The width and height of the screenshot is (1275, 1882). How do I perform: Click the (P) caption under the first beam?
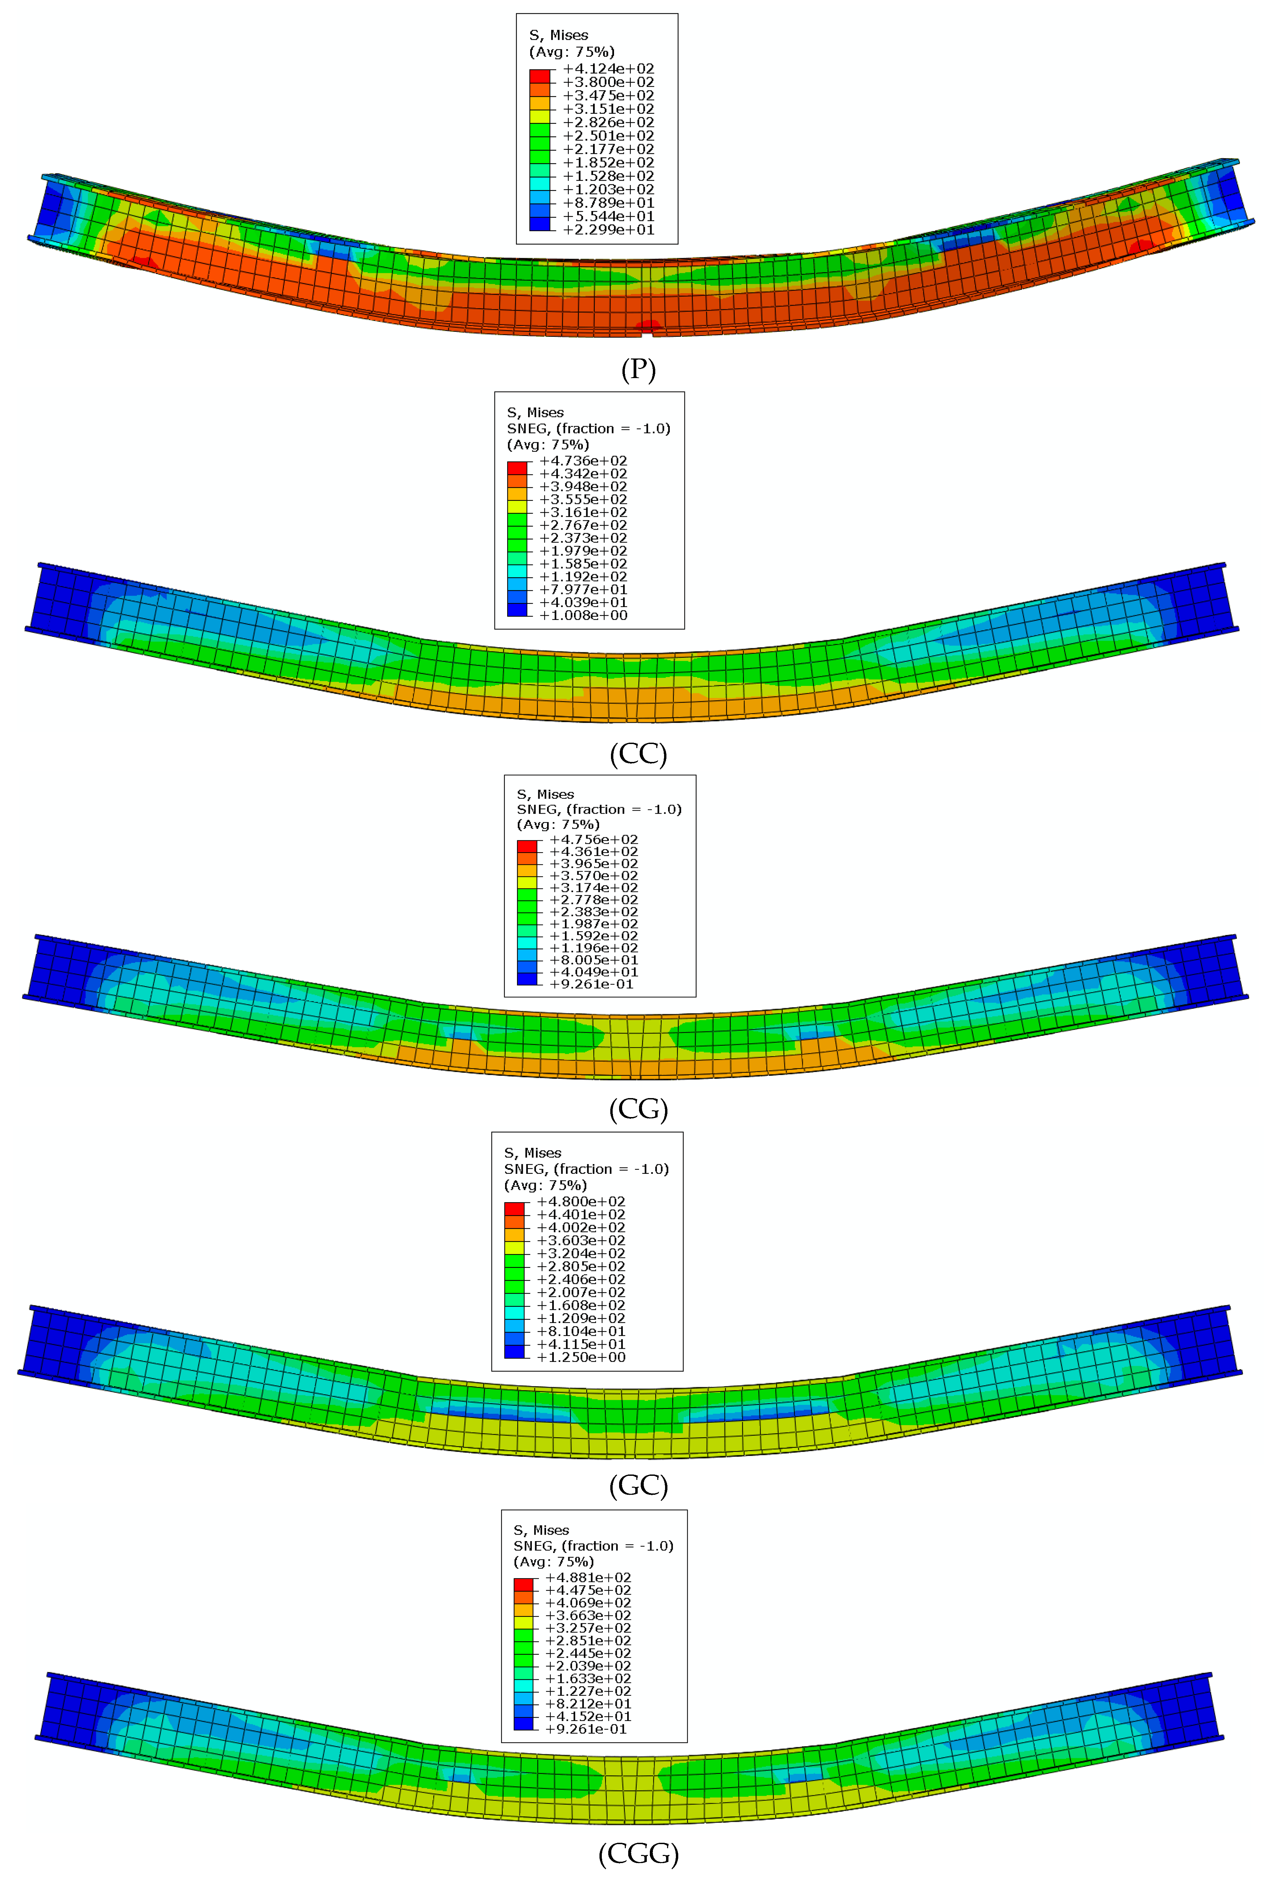point(638,369)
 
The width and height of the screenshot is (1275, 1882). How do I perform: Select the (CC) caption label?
point(638,754)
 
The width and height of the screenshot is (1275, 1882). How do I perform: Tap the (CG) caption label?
point(638,1109)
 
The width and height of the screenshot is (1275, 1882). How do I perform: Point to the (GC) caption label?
point(638,1485)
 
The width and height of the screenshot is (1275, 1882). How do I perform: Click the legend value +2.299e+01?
point(608,230)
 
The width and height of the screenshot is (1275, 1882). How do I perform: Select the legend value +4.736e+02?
point(583,461)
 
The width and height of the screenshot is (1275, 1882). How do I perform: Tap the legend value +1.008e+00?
point(583,615)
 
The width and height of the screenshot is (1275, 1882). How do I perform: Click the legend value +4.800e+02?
point(581,1202)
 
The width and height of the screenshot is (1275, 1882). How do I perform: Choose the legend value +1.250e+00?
point(581,1357)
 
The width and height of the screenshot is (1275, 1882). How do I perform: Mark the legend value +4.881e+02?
point(588,1578)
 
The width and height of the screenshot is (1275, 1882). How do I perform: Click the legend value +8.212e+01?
point(588,1704)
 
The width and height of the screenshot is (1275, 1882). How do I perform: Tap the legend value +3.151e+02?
point(608,109)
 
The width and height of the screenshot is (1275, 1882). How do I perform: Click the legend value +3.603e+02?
point(581,1240)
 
